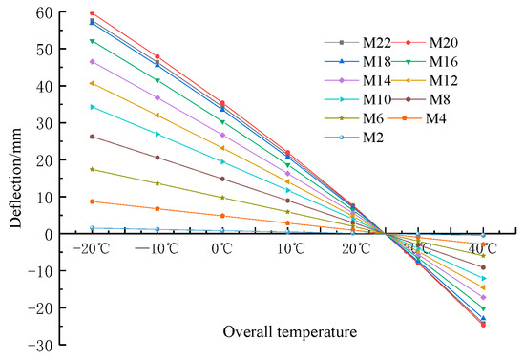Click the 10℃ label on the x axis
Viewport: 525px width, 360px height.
290,249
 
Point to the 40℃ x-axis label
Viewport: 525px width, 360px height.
482,249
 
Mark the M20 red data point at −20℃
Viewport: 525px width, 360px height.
92,13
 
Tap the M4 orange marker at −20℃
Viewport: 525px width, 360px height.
92,201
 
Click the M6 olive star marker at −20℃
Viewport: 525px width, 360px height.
92,169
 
